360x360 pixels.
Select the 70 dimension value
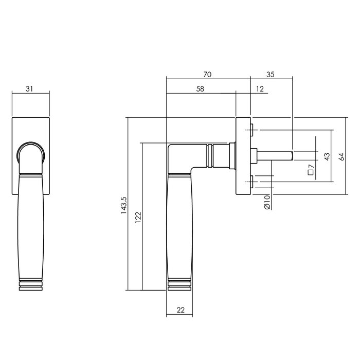point(207,75)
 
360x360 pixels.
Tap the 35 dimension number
point(271,75)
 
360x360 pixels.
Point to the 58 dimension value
point(201,89)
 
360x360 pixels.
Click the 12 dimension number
point(259,89)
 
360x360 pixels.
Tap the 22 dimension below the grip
point(180,310)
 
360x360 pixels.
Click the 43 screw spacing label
point(326,156)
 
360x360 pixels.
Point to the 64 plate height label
point(340,156)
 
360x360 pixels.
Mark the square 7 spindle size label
point(311,170)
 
